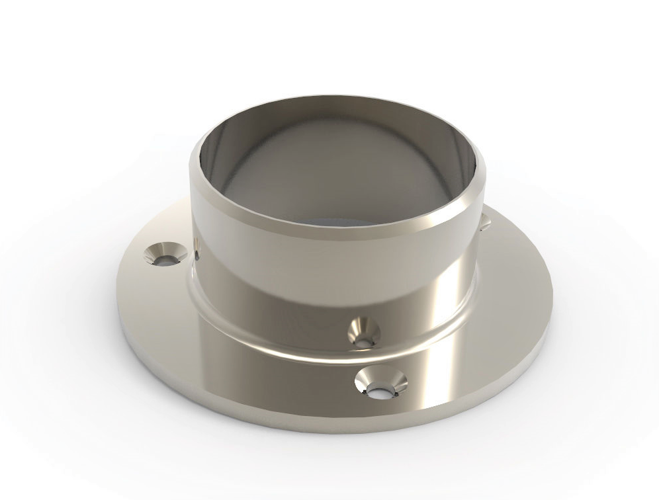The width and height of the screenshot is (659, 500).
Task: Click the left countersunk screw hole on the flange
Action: click(x=163, y=255)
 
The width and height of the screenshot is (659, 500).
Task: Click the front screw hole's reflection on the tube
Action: click(x=363, y=333)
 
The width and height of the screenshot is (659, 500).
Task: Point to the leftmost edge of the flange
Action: click(x=118, y=291)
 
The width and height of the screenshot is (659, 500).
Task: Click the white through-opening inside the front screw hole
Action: click(x=381, y=392)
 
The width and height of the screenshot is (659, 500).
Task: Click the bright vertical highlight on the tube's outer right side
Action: click(x=457, y=278)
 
